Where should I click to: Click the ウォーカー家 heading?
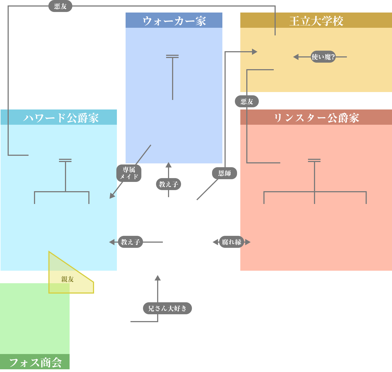(174, 21)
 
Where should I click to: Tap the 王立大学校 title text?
(316, 21)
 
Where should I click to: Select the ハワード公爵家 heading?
(61, 118)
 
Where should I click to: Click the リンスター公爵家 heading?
(316, 118)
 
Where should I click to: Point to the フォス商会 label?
(35, 362)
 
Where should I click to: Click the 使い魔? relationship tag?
(323, 57)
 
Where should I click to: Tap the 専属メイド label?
(129, 173)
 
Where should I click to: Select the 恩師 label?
(225, 173)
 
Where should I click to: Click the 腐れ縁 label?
(231, 242)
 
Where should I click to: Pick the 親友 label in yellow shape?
(67, 279)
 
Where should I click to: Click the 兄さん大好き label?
(167, 308)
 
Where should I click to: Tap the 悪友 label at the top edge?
(60, 6)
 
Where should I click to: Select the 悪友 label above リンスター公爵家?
(247, 102)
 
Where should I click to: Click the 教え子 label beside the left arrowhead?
(130, 242)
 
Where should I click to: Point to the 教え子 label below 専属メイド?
(169, 184)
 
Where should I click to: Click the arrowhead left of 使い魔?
(296, 57)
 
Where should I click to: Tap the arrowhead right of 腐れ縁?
(248, 242)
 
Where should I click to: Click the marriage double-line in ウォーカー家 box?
(172, 56)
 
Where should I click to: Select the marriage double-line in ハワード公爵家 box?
(65, 160)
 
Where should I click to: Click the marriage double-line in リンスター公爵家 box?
(314, 160)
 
